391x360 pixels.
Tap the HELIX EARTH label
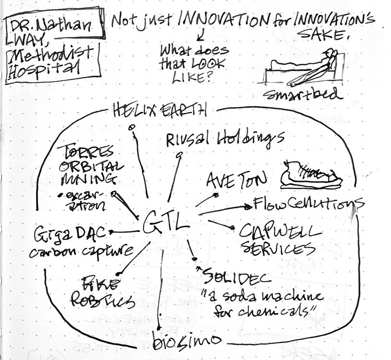pos(160,110)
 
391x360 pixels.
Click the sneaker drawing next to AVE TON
pos(310,174)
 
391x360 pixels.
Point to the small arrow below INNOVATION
pos(200,35)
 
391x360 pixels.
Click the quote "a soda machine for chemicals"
pos(260,302)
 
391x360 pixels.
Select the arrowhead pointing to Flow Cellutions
pos(248,207)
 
